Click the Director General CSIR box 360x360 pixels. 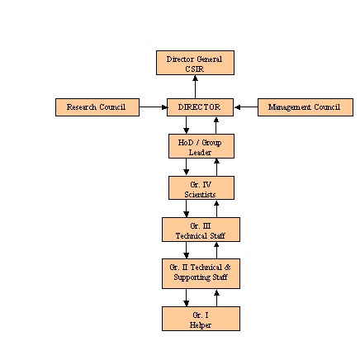coord(195,63)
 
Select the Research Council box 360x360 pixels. coord(97,107)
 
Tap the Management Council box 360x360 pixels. coord(305,107)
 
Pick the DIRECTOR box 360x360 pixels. coord(200,107)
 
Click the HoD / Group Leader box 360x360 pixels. coord(201,146)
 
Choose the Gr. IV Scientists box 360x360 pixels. coord(201,187)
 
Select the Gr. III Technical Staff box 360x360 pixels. coord(201,230)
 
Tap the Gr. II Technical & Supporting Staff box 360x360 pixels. coord(201,273)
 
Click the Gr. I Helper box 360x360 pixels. coord(201,319)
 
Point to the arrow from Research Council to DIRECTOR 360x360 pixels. coord(153,107)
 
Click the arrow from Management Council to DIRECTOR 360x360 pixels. coord(245,107)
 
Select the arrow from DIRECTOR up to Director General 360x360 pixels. coord(195,87)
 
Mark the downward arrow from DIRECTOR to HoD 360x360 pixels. coord(187,125)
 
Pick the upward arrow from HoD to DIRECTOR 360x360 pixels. coord(216,125)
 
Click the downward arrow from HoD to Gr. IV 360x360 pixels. coord(187,167)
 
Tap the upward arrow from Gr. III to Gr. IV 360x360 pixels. coord(216,209)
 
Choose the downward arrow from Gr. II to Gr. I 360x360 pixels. coord(187,297)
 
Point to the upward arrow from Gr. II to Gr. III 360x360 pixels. coord(216,250)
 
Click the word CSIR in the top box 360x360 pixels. coord(195,69)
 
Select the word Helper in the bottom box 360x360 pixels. coord(201,324)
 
